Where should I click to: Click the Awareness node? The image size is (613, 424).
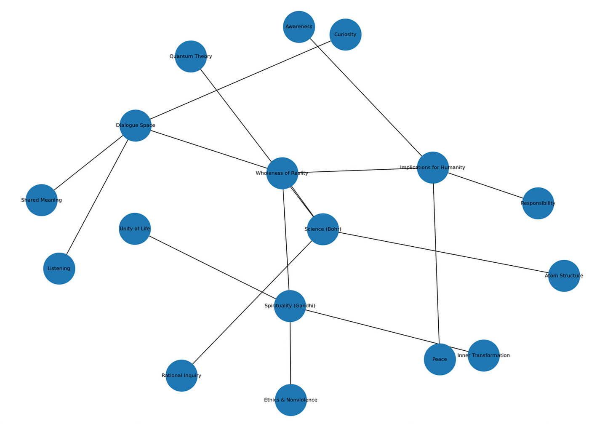[x=299, y=27]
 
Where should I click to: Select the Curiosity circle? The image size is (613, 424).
[x=345, y=35]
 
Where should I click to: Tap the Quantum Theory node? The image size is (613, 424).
[x=191, y=56]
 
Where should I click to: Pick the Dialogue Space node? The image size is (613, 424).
[x=136, y=125]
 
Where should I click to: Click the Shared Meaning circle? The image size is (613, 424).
[x=41, y=200]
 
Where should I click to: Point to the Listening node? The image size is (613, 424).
[x=59, y=269]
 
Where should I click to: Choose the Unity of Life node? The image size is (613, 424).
[x=135, y=229]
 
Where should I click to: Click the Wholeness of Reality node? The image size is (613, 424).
[x=282, y=173]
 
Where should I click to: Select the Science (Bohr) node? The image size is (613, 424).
[x=323, y=229]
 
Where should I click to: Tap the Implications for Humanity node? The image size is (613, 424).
[x=433, y=168]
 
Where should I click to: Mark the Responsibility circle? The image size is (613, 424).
[x=538, y=203]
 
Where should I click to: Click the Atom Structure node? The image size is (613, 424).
[x=564, y=276]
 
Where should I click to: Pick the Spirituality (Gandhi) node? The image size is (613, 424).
[x=290, y=306]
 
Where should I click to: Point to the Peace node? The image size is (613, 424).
[x=440, y=359]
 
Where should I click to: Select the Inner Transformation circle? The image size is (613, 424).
[x=484, y=355]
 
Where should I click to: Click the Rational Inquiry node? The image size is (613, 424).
[x=181, y=376]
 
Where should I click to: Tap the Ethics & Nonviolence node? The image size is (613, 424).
[x=291, y=400]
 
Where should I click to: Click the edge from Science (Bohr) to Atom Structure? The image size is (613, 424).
[x=442, y=252]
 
